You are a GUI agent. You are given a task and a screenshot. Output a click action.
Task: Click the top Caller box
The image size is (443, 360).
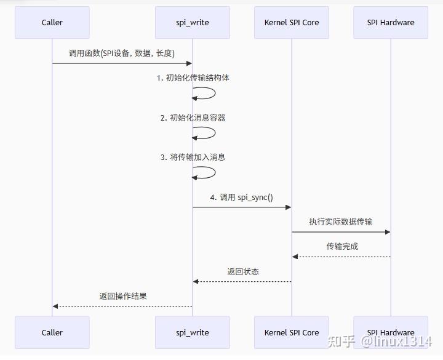52,23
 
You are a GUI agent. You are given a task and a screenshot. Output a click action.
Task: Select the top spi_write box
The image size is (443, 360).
193,23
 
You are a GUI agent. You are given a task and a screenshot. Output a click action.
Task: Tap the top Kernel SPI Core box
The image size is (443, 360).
292,23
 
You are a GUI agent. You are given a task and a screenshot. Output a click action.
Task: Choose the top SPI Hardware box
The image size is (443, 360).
391,23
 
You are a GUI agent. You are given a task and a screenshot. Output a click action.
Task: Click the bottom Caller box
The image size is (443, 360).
52,332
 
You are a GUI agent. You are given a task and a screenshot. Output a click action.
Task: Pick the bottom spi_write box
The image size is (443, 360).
193,332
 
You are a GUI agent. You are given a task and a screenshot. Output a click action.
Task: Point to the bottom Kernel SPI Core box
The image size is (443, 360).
292,332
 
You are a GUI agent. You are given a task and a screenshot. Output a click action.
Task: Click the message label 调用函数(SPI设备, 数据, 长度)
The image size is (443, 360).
122,53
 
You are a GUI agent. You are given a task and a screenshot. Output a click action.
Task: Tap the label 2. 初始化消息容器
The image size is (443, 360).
193,118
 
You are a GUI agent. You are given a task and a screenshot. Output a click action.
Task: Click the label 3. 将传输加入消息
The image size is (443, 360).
193,157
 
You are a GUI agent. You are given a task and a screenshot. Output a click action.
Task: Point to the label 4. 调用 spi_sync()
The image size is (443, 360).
242,198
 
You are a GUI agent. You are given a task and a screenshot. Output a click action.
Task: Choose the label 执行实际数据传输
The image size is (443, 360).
341,222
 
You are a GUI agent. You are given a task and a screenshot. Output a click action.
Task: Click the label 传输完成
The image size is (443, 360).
342,246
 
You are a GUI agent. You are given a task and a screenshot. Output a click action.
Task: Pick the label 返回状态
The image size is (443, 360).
243,271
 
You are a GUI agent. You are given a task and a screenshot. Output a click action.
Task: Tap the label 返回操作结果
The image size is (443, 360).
123,296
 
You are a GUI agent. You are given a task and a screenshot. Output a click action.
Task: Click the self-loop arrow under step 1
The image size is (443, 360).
206,94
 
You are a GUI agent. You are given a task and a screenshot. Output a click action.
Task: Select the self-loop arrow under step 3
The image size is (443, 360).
206,172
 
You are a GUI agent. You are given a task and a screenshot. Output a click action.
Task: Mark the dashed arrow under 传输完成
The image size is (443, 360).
341,257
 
